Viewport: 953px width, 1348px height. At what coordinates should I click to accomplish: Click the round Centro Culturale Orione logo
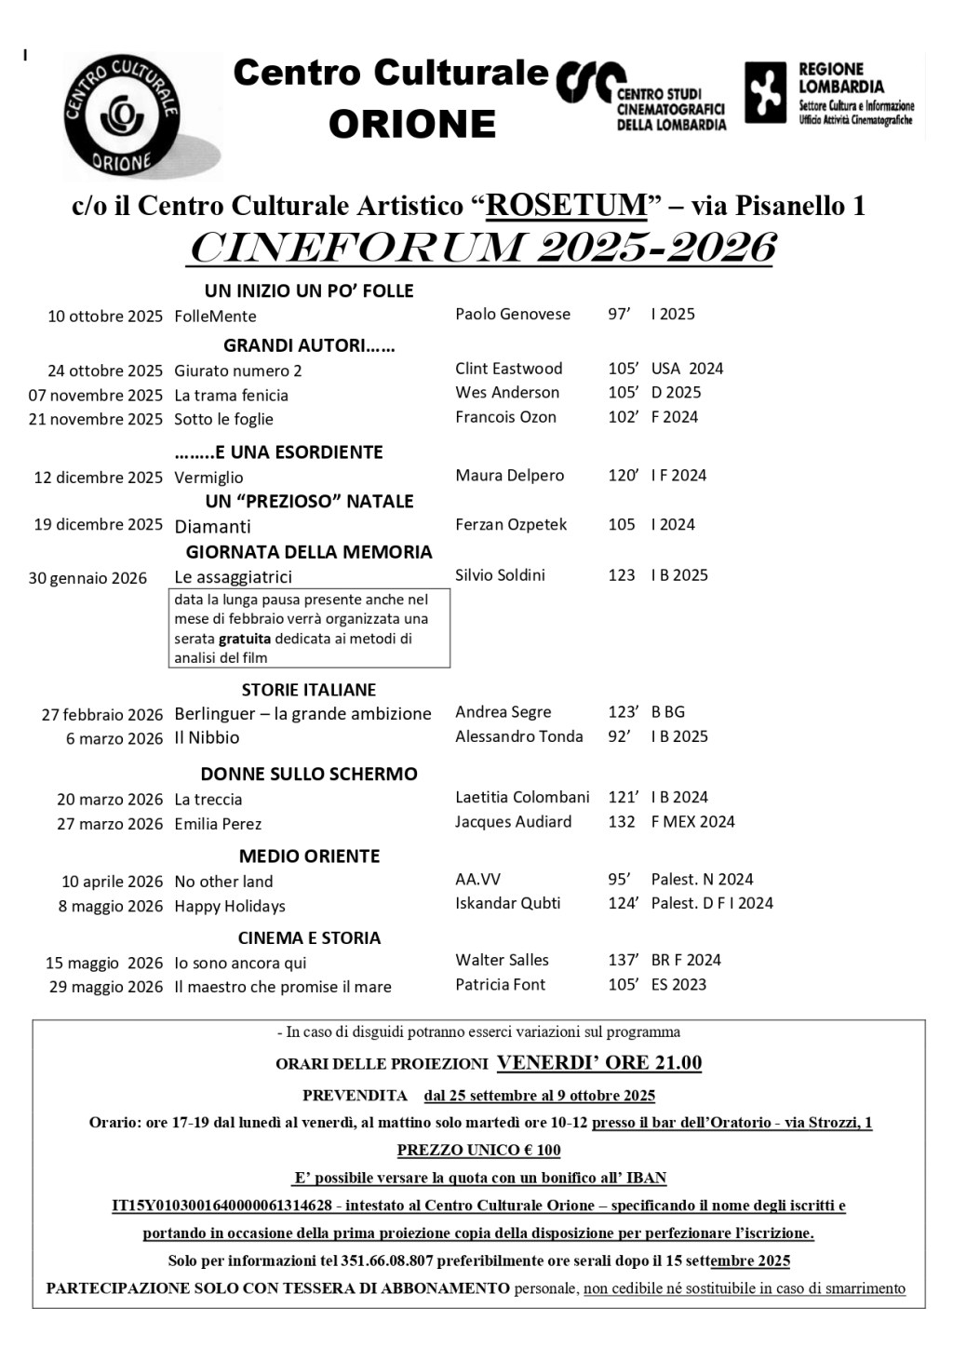coord(121,116)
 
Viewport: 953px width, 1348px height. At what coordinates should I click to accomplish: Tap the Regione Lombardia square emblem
coord(765,93)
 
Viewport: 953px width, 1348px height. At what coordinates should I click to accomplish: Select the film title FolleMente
coord(215,317)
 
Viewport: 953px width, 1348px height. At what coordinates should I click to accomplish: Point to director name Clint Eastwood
coord(508,369)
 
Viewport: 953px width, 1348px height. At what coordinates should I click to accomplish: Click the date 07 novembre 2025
coord(96,395)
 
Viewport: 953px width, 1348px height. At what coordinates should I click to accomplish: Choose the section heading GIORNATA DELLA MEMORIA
coord(309,552)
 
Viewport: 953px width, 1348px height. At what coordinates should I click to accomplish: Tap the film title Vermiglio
coord(208,478)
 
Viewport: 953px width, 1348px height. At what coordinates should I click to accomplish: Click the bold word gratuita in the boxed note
coord(245,639)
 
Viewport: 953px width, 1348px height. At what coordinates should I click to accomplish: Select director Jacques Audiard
coord(513,822)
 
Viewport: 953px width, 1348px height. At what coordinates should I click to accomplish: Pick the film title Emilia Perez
coord(218,824)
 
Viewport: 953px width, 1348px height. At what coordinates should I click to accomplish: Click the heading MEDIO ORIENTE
coord(309,856)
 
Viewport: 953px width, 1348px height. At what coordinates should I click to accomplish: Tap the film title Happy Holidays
coord(230,906)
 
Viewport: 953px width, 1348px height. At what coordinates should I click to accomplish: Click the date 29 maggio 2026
coord(106,987)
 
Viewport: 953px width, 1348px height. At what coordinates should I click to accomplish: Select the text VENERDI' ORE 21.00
coord(599,1063)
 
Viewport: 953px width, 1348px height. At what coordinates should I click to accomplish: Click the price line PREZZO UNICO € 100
coord(478,1150)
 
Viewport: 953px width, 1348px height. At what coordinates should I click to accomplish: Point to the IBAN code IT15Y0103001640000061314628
coord(221,1206)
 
